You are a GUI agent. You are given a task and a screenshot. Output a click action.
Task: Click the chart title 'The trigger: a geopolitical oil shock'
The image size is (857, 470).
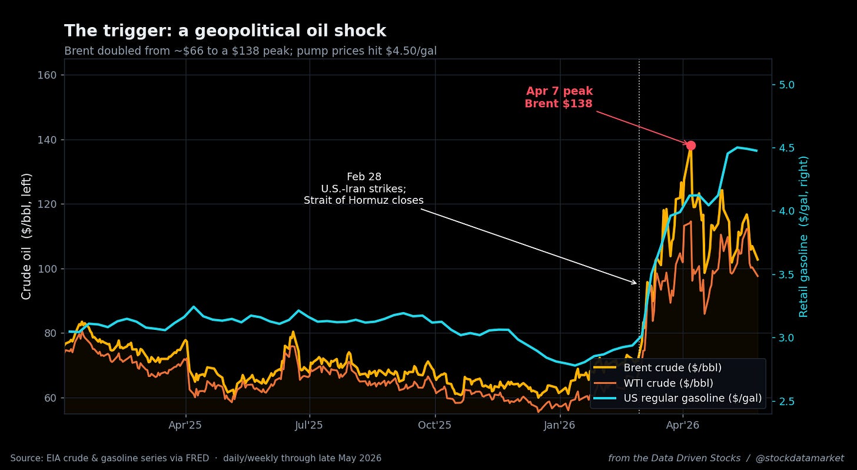point(225,31)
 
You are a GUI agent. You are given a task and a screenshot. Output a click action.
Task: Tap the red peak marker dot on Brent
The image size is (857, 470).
point(690,145)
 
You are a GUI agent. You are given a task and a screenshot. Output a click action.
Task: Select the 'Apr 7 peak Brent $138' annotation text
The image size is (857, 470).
point(559,97)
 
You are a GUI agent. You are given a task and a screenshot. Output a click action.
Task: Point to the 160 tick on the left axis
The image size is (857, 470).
point(47,75)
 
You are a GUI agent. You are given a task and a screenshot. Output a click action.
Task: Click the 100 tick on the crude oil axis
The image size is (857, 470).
point(47,269)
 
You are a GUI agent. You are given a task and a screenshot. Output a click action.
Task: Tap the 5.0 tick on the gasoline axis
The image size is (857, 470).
point(786,85)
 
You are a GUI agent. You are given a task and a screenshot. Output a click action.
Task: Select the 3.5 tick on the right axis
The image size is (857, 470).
point(786,274)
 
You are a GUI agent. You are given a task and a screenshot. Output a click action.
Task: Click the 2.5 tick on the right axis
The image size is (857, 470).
point(786,401)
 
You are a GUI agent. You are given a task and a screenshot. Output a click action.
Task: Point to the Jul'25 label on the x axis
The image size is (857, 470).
point(309,425)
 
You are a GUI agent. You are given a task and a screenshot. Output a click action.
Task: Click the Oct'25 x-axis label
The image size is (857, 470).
point(434,425)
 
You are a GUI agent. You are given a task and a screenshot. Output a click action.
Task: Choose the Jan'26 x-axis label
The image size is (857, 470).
point(559,425)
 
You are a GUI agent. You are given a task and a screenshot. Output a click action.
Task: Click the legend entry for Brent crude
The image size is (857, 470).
point(657,368)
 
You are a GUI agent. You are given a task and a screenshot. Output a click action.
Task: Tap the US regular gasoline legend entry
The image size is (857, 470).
point(677,398)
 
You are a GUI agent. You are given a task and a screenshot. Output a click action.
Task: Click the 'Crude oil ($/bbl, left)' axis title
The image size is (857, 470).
point(26,237)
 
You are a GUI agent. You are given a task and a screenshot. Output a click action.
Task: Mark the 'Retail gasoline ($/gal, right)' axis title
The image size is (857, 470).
point(803,237)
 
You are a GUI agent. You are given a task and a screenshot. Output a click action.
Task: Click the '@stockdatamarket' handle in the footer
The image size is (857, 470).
point(800,458)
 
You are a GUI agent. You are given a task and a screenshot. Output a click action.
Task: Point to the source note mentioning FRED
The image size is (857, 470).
point(196,458)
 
